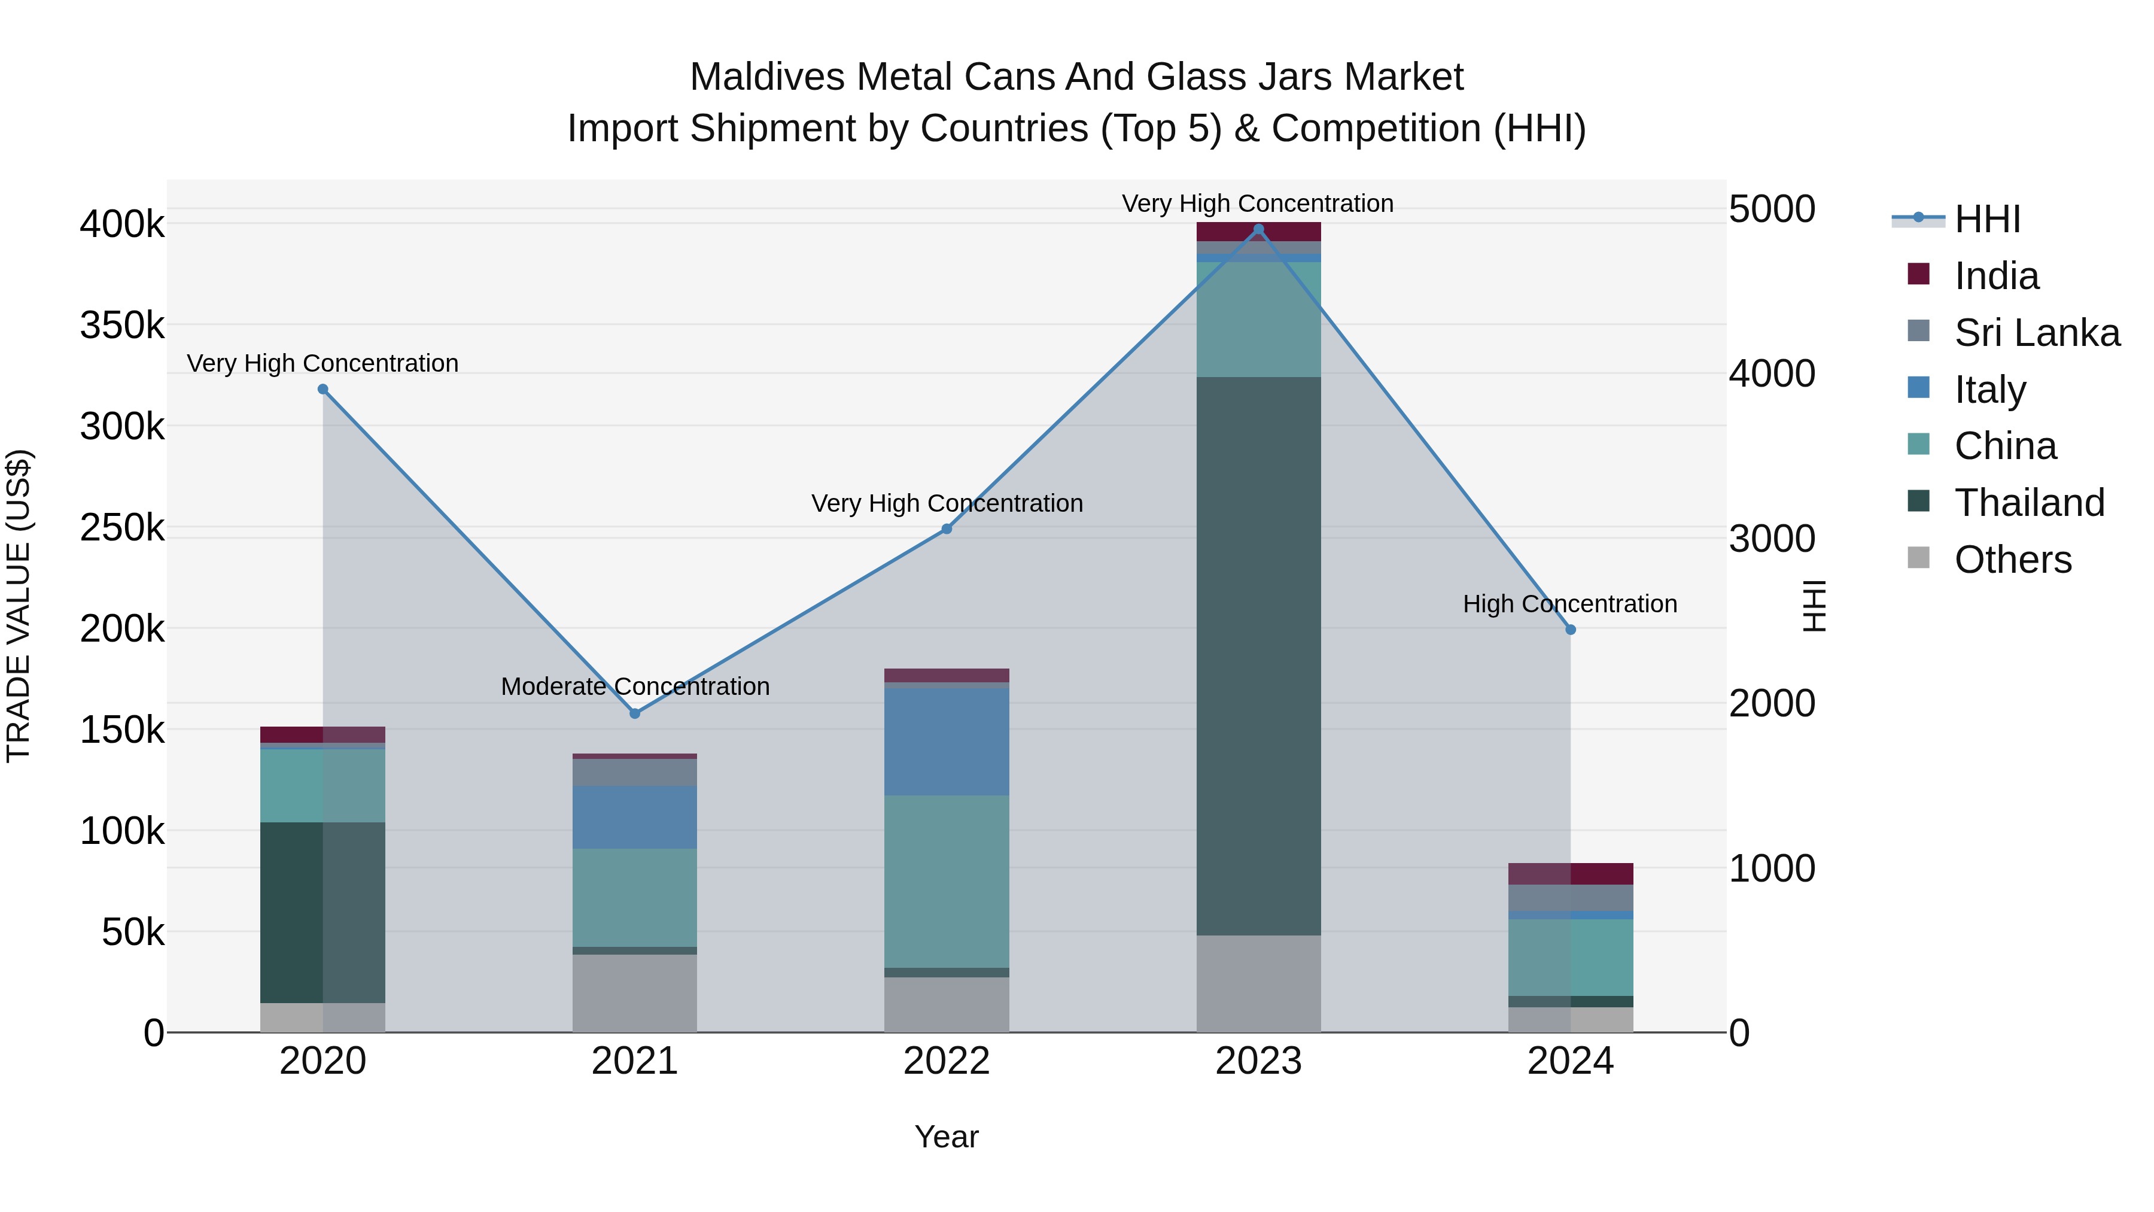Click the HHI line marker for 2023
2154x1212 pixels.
[x=1258, y=229]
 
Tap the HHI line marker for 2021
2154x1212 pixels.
[x=635, y=713]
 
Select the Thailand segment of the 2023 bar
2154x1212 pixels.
[x=1258, y=656]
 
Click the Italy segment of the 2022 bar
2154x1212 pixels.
[x=947, y=741]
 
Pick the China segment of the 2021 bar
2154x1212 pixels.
[x=635, y=898]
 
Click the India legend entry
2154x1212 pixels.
[x=1996, y=276]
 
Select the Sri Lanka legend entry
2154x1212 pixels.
[x=2036, y=333]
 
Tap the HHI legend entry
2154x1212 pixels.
[x=1986, y=219]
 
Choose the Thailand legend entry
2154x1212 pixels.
[x=2028, y=503]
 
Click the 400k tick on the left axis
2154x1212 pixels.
[x=122, y=224]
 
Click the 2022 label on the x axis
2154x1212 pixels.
[x=947, y=1061]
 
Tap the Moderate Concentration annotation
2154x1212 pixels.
[x=635, y=686]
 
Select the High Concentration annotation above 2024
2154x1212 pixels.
[x=1569, y=604]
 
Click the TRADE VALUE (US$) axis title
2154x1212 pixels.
[x=19, y=606]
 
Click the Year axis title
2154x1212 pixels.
[x=947, y=1137]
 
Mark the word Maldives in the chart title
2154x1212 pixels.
[x=767, y=77]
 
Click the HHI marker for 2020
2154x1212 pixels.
[x=323, y=389]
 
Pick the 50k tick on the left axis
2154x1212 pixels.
[x=133, y=932]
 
